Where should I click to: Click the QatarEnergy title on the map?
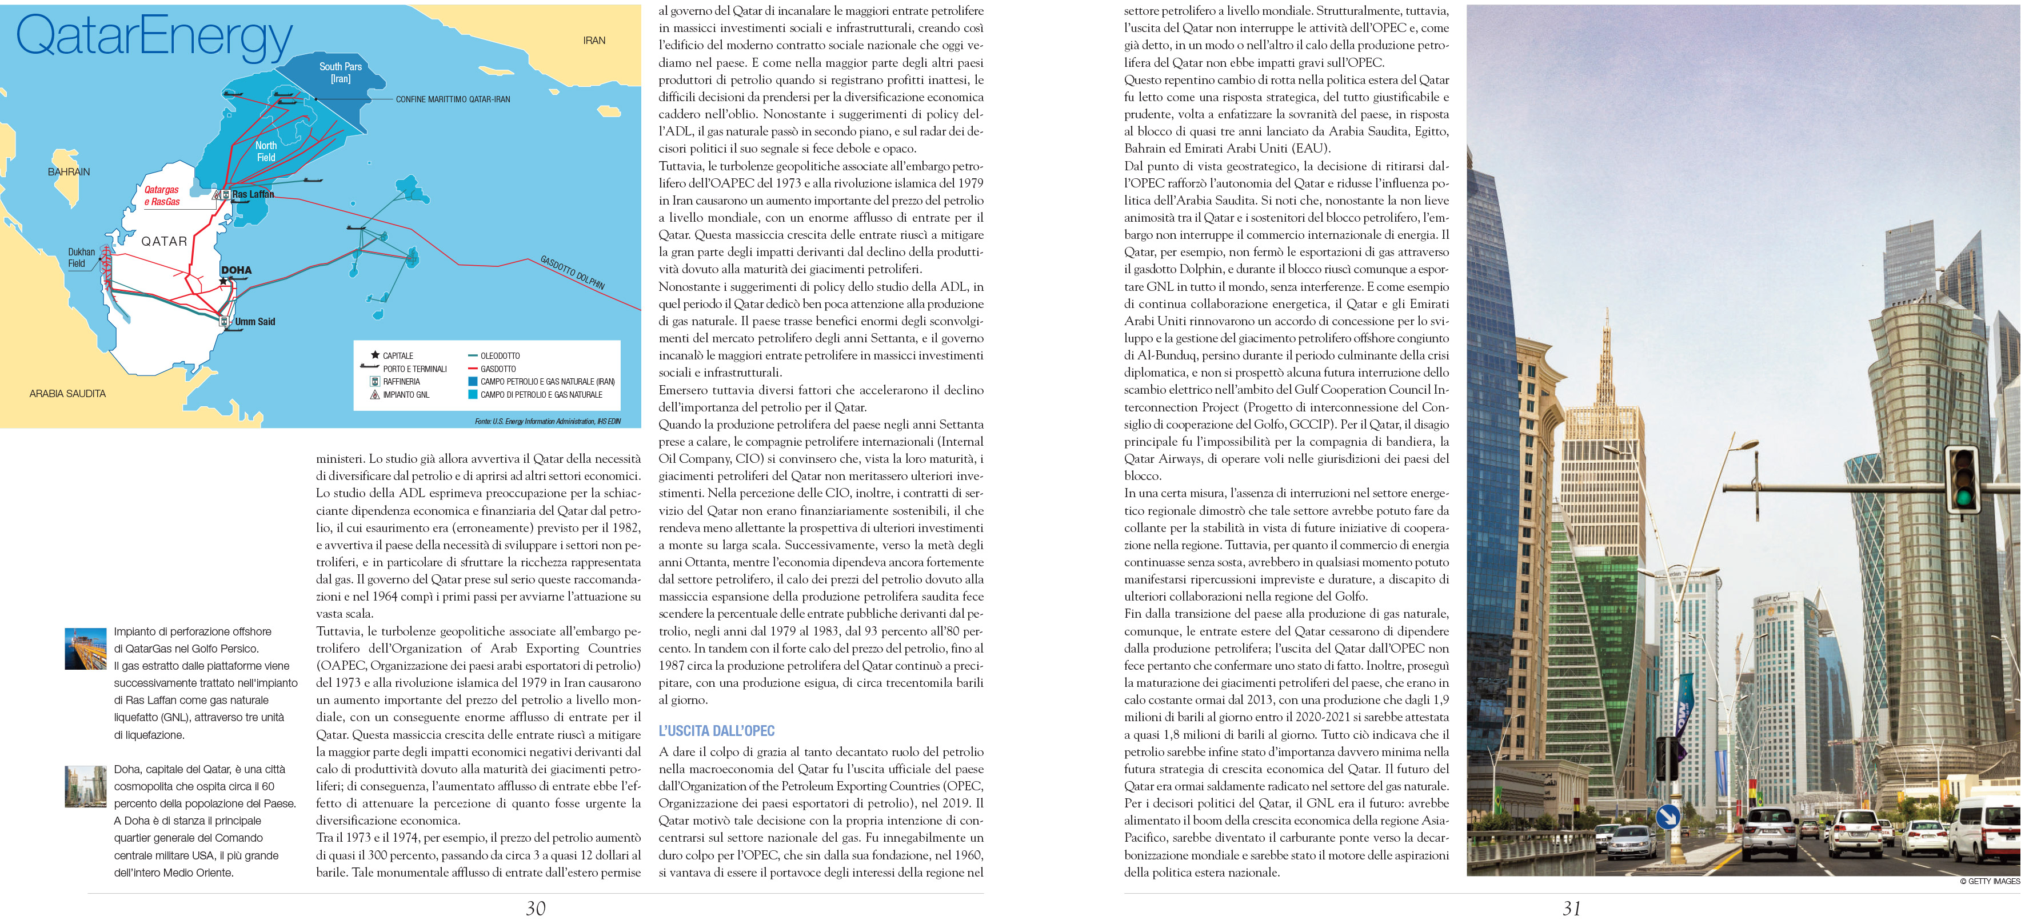tap(154, 38)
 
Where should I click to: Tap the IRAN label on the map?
tap(594, 40)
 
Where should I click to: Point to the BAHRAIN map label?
tap(69, 171)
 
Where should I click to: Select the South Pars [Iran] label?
tap(341, 72)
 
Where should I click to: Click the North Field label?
tap(266, 151)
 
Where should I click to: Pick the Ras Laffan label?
tap(253, 194)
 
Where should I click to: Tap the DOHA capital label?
tap(236, 270)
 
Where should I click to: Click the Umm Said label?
tap(255, 321)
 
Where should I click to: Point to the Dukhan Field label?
tap(81, 258)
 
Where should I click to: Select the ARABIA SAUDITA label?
tap(67, 394)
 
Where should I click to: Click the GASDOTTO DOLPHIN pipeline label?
tap(572, 273)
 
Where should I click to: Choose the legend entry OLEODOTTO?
tap(500, 356)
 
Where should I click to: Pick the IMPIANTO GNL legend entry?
tap(406, 394)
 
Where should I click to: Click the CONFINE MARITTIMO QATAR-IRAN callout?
tap(453, 100)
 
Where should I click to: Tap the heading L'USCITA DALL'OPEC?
tap(716, 731)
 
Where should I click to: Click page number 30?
tap(536, 909)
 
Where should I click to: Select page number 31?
tap(1571, 909)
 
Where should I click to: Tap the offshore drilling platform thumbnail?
tap(86, 648)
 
